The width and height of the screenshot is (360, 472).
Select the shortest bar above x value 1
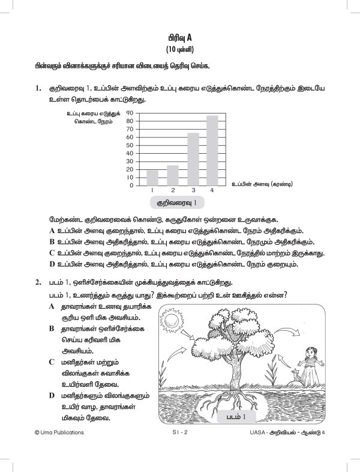pyautogui.click(x=152, y=177)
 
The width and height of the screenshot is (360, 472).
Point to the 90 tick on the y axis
pyautogui.click(x=130, y=112)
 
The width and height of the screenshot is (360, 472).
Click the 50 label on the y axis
pyautogui.click(x=130, y=145)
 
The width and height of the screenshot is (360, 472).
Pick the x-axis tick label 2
pyautogui.click(x=172, y=190)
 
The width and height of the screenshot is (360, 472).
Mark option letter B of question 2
pyautogui.click(x=52, y=329)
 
